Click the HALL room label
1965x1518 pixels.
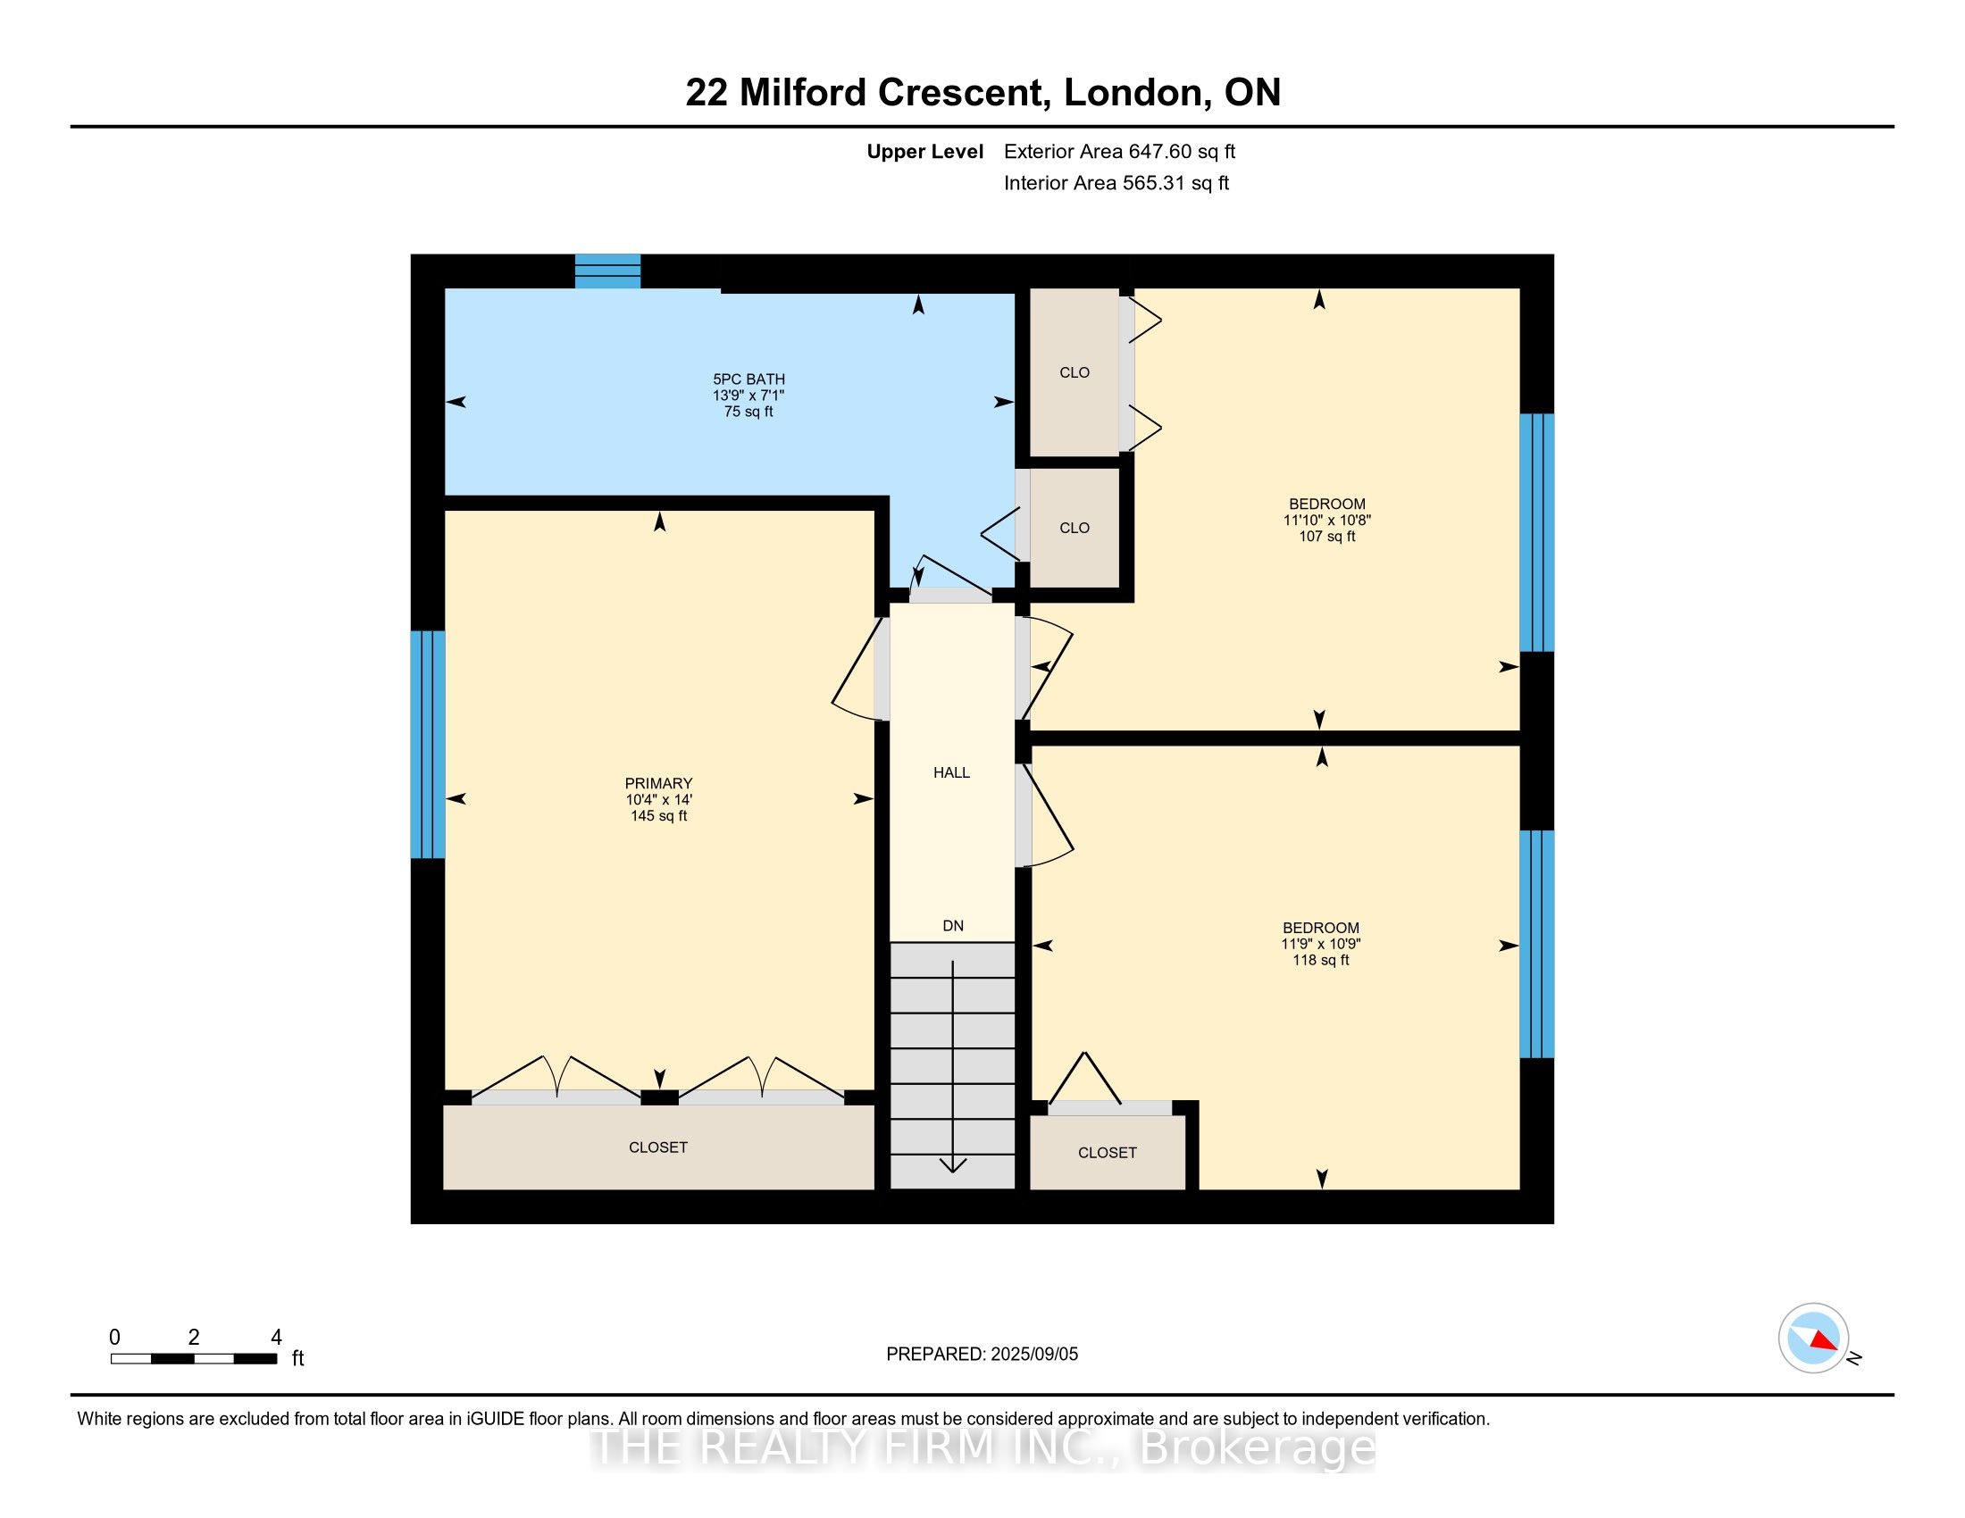951,772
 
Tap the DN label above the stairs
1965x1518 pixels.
953,925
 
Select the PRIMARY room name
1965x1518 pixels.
658,783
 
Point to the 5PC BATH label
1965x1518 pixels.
748,379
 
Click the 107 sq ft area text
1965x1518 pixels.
1327,537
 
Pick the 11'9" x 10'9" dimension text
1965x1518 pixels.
1321,944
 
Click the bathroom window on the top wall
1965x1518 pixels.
607,271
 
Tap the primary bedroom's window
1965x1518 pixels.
427,745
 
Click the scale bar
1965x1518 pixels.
194,1359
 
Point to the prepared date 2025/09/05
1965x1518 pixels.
1033,1355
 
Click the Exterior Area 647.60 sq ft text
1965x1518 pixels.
1119,152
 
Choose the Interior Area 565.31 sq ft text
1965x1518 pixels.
1116,183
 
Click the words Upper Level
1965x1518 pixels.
925,152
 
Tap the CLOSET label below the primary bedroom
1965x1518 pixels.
657,1147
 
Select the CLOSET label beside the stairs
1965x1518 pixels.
1108,1153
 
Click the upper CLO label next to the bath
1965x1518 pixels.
1074,372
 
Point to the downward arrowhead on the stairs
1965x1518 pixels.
953,1165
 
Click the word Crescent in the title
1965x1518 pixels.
964,93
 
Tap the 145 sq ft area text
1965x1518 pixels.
658,815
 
